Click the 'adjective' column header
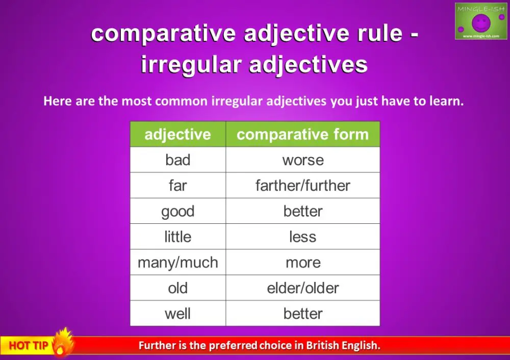[x=177, y=135]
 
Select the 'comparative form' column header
[x=302, y=135]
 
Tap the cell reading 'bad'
[x=177, y=160]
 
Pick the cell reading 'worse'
[x=302, y=160]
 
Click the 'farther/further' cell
[x=302, y=186]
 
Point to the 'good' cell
[x=177, y=211]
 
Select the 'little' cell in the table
[x=177, y=237]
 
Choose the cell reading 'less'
[x=302, y=237]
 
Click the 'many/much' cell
[x=177, y=263]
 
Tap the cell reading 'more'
[x=302, y=263]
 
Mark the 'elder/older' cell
[x=302, y=288]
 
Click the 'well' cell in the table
[x=177, y=314]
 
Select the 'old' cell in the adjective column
[x=177, y=288]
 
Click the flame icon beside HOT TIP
[x=63, y=342]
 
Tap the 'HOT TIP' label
[x=28, y=346]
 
